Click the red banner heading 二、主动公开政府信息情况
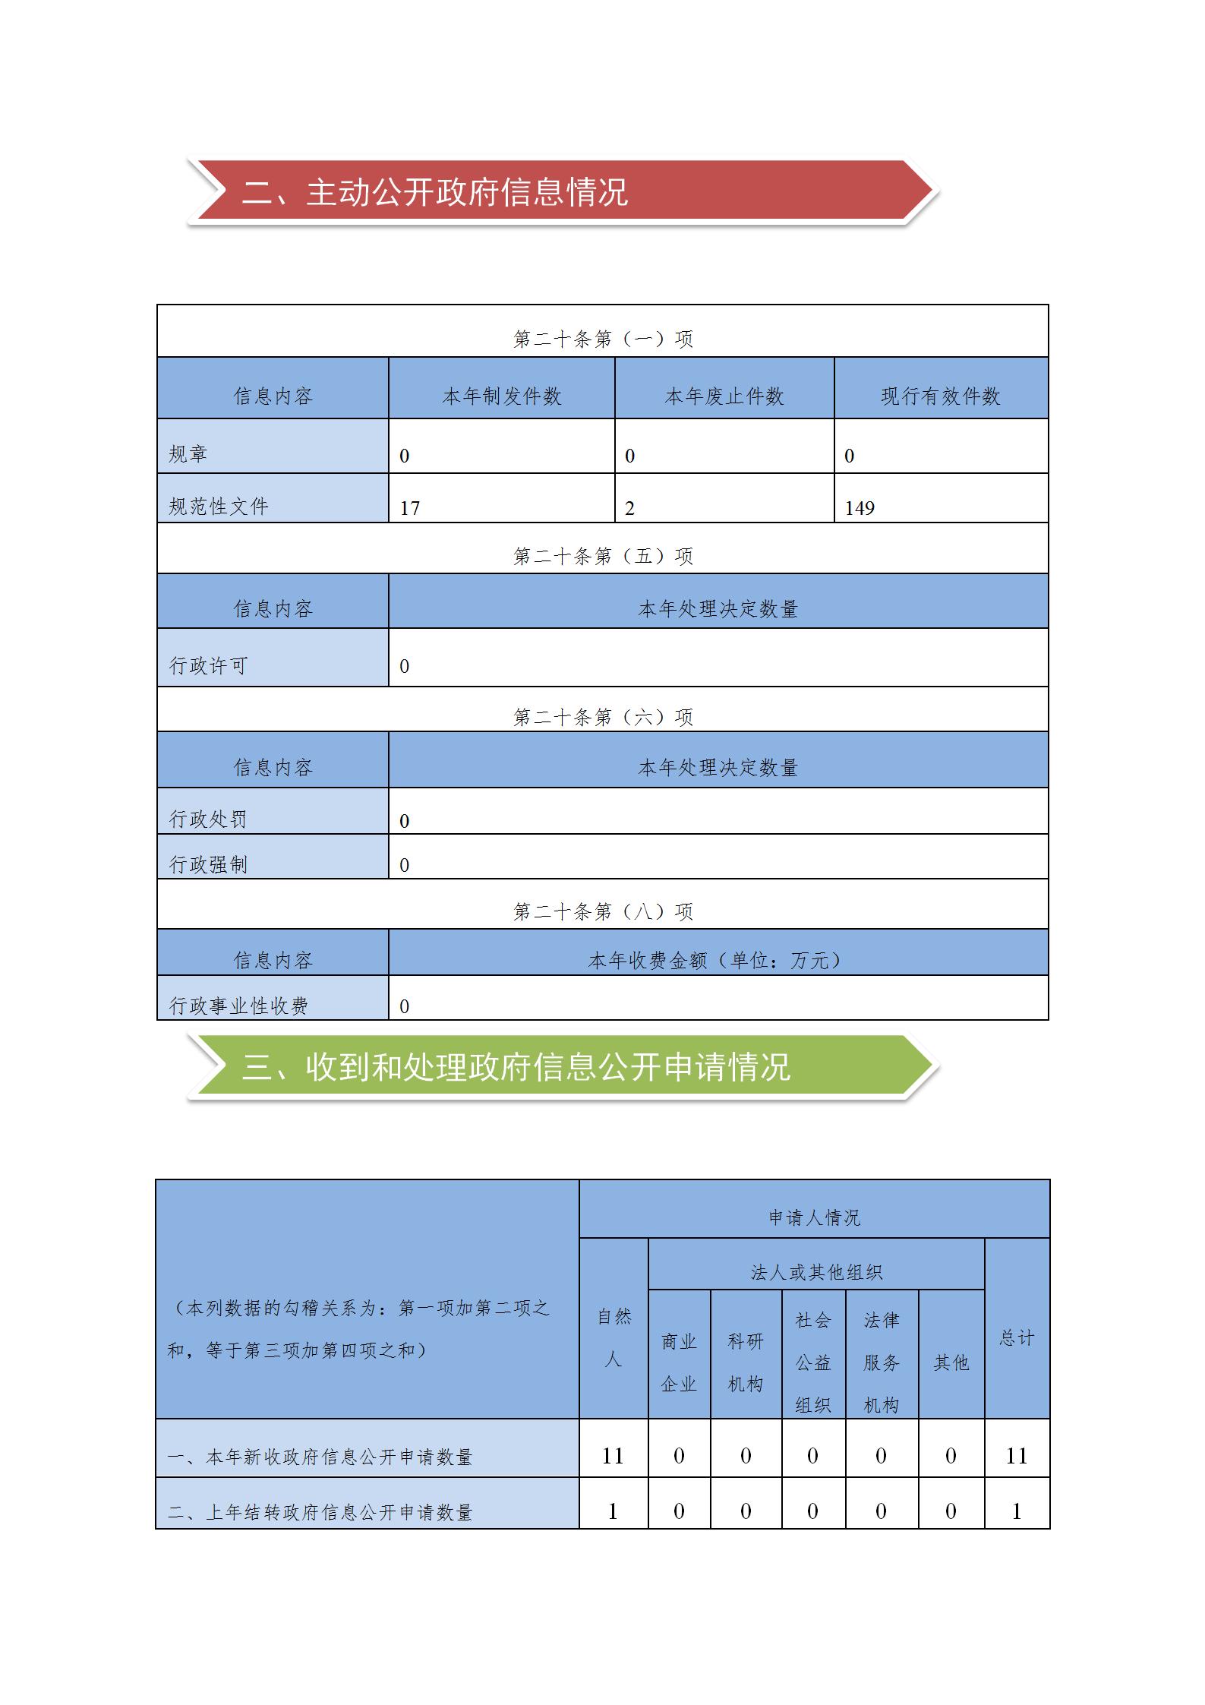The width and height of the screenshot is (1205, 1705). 434,192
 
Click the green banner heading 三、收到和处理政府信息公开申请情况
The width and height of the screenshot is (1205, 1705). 516,1067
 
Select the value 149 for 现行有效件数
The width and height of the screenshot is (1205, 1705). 860,508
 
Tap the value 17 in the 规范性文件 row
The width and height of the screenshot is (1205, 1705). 410,508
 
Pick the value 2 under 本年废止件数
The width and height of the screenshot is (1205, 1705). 629,508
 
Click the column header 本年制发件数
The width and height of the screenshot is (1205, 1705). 501,396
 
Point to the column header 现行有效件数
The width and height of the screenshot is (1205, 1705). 940,396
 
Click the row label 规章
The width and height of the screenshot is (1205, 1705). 188,454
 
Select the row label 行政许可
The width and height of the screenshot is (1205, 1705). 208,665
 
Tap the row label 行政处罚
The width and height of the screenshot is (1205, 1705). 208,819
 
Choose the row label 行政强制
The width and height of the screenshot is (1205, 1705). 208,864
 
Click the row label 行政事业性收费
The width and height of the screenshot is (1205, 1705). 238,1006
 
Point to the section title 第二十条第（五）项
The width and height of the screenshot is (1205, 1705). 603,556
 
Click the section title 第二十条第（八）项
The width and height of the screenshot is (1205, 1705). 603,911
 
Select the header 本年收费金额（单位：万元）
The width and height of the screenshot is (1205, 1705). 717,960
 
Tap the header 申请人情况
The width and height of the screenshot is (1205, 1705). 814,1217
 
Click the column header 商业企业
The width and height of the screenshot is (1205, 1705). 679,1362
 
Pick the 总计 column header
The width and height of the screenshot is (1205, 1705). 1017,1337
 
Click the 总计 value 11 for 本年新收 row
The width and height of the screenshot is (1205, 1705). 1017,1456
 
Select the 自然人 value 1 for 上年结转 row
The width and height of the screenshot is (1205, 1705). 613,1511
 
